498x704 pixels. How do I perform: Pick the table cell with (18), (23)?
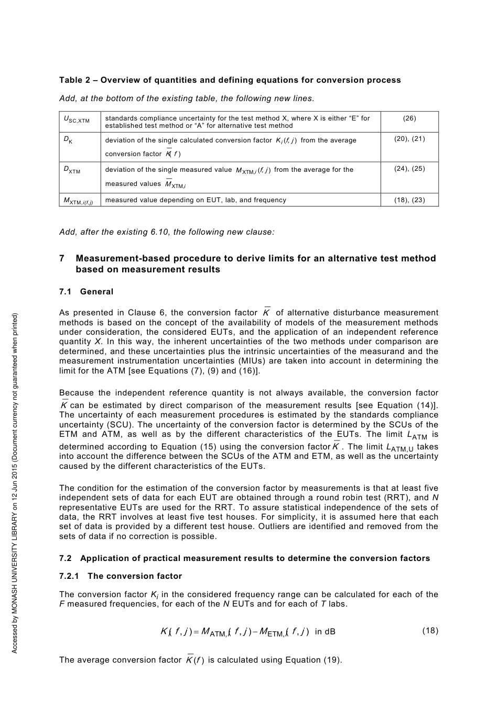tap(409, 200)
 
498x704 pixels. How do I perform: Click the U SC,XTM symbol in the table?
tap(77, 120)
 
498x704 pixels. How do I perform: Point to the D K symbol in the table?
tap(68, 140)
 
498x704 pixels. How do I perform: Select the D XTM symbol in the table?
tap(72, 170)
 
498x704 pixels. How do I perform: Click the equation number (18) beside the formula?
tap(430, 631)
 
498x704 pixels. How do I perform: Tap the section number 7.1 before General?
tap(66, 292)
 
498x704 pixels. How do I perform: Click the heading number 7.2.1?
tap(69, 576)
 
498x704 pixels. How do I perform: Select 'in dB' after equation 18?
tap(325, 632)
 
